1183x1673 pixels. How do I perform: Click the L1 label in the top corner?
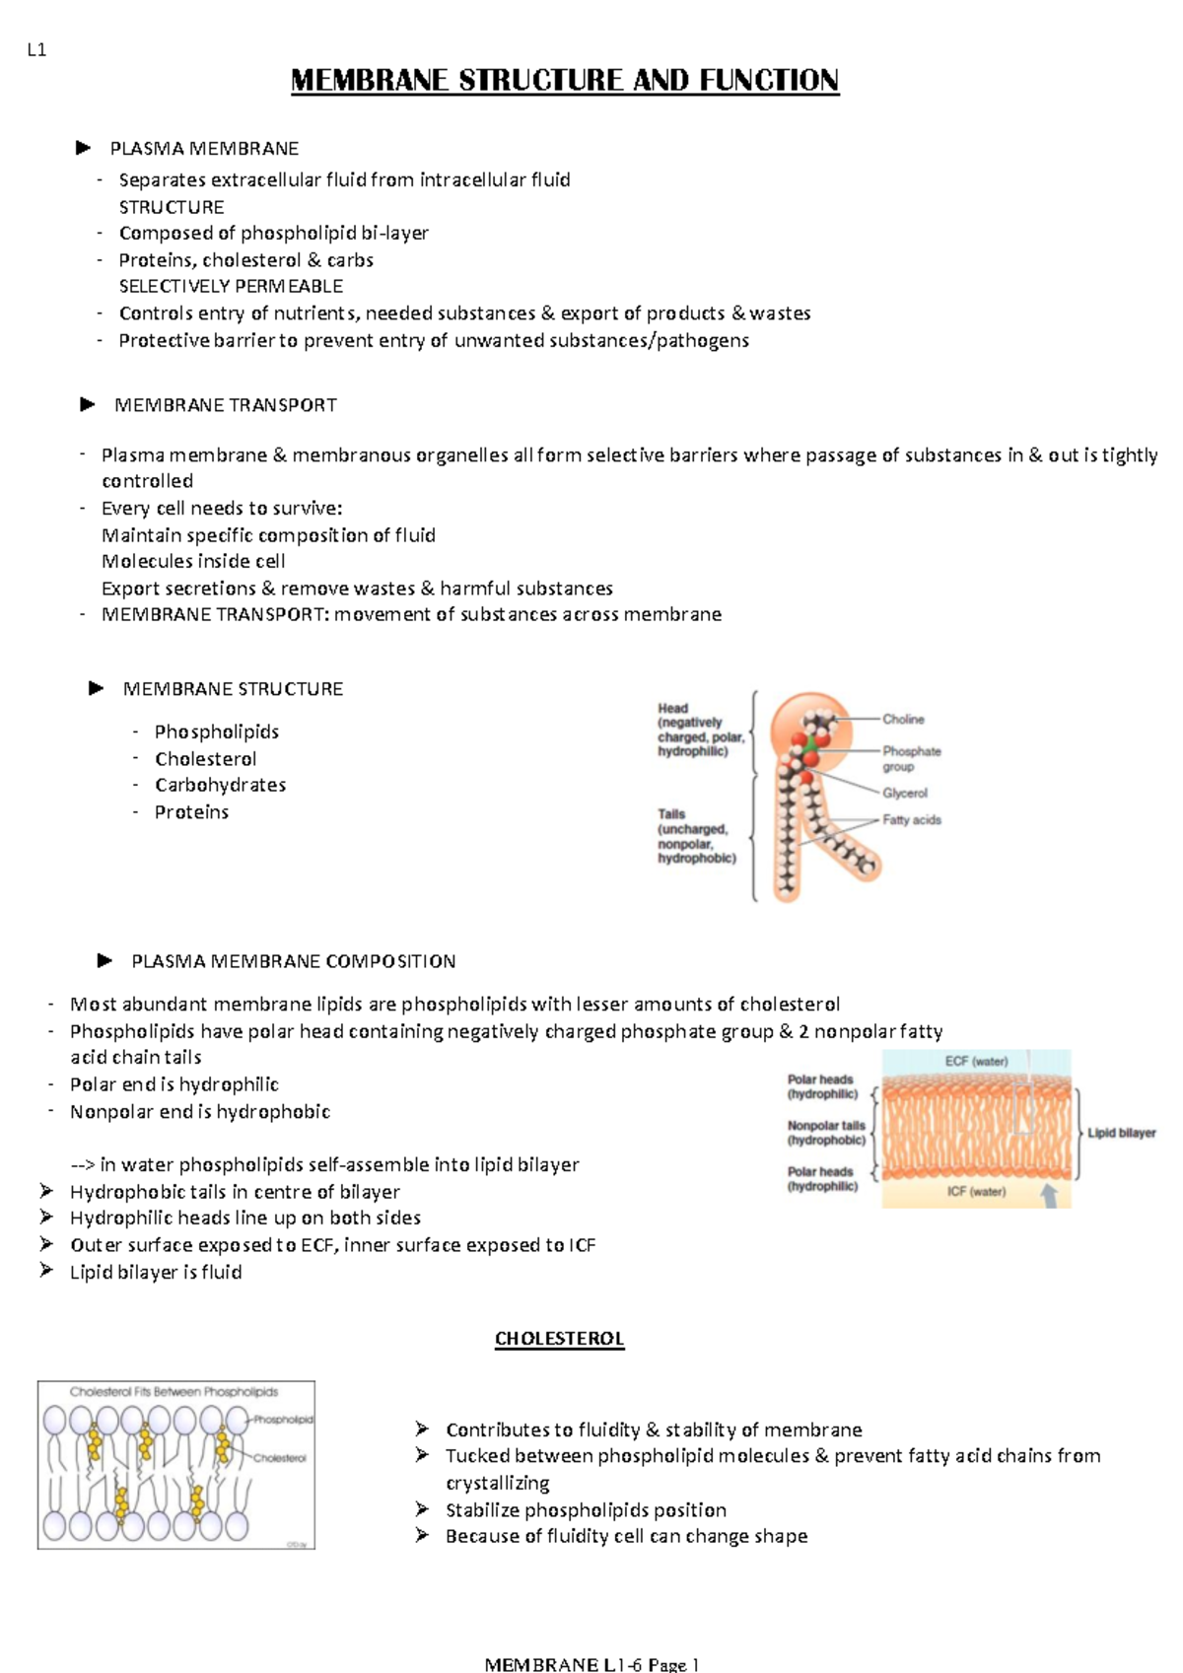tap(36, 50)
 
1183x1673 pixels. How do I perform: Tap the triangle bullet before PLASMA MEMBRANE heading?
tap(83, 148)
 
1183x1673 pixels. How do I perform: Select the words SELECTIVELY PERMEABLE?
tap(231, 287)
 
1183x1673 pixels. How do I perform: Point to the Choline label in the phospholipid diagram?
tap(903, 720)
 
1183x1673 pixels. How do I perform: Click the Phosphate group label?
tap(911, 758)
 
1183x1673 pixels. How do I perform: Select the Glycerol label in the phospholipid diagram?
tap(904, 793)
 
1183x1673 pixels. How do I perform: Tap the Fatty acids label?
tap(911, 819)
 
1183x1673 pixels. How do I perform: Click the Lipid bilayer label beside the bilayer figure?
tap(1121, 1133)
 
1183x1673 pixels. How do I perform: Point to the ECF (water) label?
tap(976, 1062)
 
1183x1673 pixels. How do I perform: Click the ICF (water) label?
tap(976, 1192)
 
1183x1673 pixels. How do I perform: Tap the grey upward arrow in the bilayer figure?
tap(1050, 1194)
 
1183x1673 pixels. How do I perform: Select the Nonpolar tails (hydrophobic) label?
tap(826, 1133)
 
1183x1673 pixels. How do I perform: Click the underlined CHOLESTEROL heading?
tap(559, 1339)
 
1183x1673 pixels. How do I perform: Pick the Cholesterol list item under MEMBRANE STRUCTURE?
tap(205, 759)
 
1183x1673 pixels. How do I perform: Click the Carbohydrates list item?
tap(220, 786)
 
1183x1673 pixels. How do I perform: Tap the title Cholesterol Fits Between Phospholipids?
tap(174, 1392)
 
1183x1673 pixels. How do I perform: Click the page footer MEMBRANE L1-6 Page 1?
tap(591, 1664)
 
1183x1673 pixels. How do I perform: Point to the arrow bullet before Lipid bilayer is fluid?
tap(46, 1271)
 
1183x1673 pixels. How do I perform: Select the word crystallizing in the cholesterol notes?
tap(497, 1483)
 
